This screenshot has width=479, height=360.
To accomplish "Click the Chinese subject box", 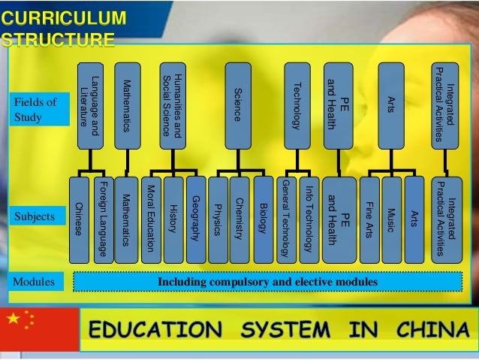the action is [x=80, y=219].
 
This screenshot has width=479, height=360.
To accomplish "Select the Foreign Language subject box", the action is [x=102, y=219].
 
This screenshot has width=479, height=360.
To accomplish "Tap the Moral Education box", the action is [x=151, y=219].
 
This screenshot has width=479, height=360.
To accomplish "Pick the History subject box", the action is [x=173, y=219].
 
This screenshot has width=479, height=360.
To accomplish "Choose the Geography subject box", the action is [x=195, y=219].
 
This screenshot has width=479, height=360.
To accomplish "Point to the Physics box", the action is [x=218, y=219].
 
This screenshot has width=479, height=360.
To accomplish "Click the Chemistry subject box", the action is [x=239, y=219].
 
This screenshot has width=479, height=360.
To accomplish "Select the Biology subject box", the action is [x=262, y=219].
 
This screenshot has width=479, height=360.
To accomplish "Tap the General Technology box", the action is [x=286, y=219].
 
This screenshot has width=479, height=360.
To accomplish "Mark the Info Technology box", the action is [x=309, y=219].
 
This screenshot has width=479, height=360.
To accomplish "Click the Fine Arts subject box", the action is [x=369, y=219].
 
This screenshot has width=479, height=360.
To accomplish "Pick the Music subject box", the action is [x=392, y=219].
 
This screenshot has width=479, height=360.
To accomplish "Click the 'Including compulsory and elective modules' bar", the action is [x=267, y=283].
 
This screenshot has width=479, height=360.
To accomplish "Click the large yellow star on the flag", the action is [x=15, y=319].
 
